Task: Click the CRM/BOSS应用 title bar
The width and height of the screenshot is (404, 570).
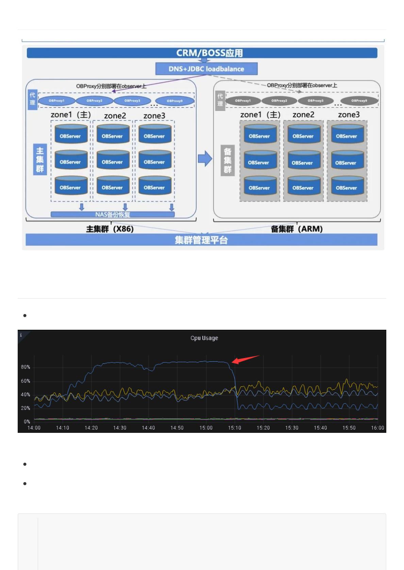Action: (x=202, y=53)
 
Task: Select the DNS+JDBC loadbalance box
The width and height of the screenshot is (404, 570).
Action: (x=206, y=69)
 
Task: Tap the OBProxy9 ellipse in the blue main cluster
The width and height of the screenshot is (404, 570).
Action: (x=175, y=101)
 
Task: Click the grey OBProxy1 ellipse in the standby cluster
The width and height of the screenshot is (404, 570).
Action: (x=243, y=101)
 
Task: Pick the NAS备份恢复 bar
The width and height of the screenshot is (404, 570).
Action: (x=113, y=214)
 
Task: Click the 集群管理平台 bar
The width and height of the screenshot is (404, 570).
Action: (x=201, y=240)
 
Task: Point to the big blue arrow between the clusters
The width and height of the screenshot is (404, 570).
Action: (x=205, y=159)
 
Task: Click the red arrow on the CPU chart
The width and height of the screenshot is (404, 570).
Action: (x=245, y=359)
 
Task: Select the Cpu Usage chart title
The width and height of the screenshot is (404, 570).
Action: (x=204, y=338)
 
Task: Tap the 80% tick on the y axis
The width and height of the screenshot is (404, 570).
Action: (x=26, y=367)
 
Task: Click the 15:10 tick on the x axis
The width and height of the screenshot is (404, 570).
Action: (x=235, y=428)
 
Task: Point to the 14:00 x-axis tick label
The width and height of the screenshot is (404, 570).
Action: (x=34, y=428)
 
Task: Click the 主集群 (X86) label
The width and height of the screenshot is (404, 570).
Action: (x=110, y=229)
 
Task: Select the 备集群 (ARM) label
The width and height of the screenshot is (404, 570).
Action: (x=297, y=229)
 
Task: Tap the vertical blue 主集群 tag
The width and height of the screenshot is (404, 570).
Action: (x=40, y=159)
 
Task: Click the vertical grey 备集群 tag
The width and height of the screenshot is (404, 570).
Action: (x=228, y=160)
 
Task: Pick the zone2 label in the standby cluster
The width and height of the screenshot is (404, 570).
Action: (x=303, y=115)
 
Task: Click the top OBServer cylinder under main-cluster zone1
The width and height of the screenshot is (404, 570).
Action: (x=70, y=134)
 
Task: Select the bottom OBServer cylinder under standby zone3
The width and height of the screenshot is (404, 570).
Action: (x=347, y=186)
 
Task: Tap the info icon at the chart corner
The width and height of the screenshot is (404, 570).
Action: (x=21, y=335)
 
